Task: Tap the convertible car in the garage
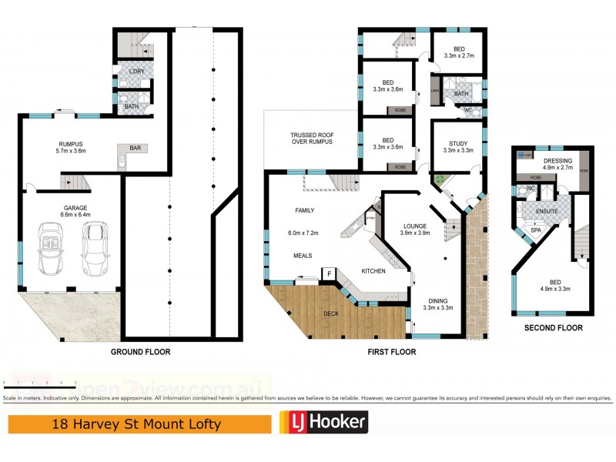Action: pyautogui.click(x=51, y=249)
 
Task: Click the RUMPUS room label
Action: pyautogui.click(x=71, y=144)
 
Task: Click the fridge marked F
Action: pyautogui.click(x=329, y=273)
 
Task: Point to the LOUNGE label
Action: pyautogui.click(x=414, y=226)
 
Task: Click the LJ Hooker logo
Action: pyautogui.click(x=323, y=422)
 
